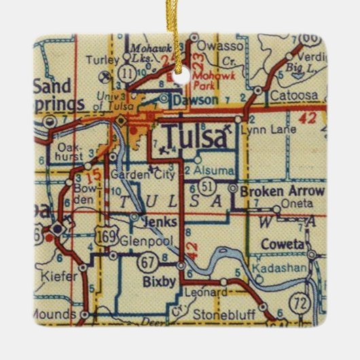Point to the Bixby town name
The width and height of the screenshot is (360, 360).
click(x=156, y=278)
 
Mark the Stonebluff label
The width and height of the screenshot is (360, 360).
click(x=217, y=314)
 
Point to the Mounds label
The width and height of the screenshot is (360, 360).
click(x=56, y=314)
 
